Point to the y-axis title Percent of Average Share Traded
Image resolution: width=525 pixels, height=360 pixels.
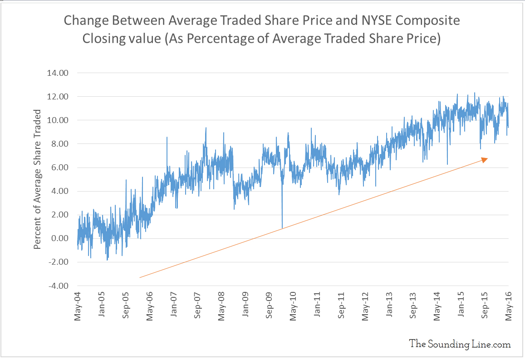(38, 179)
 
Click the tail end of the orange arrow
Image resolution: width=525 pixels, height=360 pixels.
(140, 277)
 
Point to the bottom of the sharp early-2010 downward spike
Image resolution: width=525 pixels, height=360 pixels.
(282, 227)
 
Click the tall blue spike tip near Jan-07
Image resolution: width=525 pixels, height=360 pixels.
(167, 137)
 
